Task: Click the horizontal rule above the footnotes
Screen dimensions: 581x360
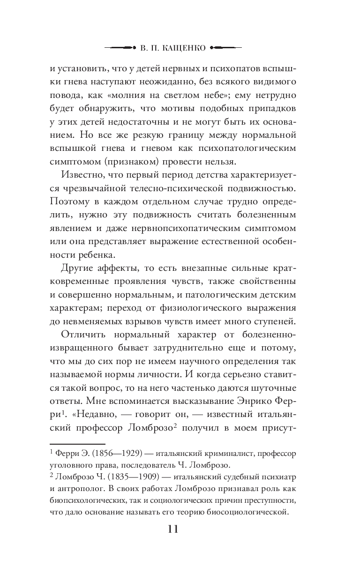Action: (77, 442)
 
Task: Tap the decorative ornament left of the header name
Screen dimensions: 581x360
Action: (121, 47)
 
